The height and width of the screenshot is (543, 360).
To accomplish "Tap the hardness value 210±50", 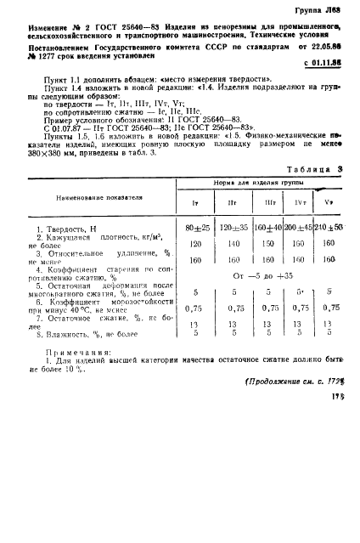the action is pyautogui.click(x=327, y=228).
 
